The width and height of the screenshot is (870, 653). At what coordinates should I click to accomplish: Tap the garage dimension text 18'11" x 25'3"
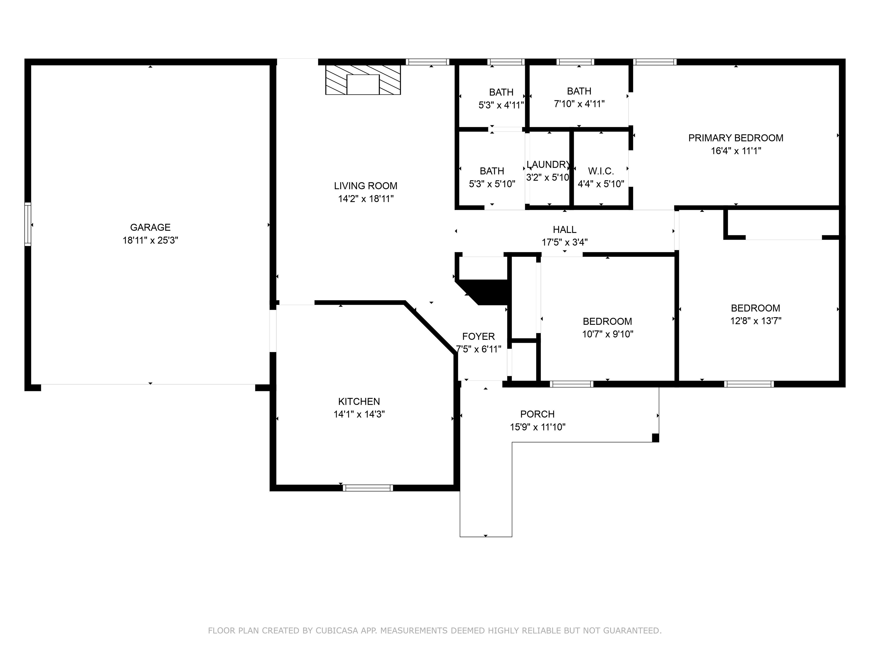coord(150,240)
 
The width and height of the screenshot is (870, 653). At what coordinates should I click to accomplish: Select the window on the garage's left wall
coord(27,224)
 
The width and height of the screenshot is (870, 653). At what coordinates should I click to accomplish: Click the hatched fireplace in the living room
coord(362,80)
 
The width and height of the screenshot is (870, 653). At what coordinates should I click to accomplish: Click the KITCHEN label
coord(359,402)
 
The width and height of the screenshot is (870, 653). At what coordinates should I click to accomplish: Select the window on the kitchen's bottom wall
coord(368,488)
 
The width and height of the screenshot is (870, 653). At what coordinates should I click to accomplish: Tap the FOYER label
coord(478,336)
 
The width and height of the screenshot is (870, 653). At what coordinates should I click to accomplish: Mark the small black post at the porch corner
coord(655,438)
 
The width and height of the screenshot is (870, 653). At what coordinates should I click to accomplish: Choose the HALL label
coord(564,230)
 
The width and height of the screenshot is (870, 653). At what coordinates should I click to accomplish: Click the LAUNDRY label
coord(548,165)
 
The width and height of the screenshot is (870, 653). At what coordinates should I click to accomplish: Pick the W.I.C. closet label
coord(601,171)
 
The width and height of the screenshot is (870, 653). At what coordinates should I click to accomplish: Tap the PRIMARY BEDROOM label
coord(735,138)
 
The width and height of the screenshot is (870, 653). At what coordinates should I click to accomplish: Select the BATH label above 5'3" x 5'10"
coord(492,171)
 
